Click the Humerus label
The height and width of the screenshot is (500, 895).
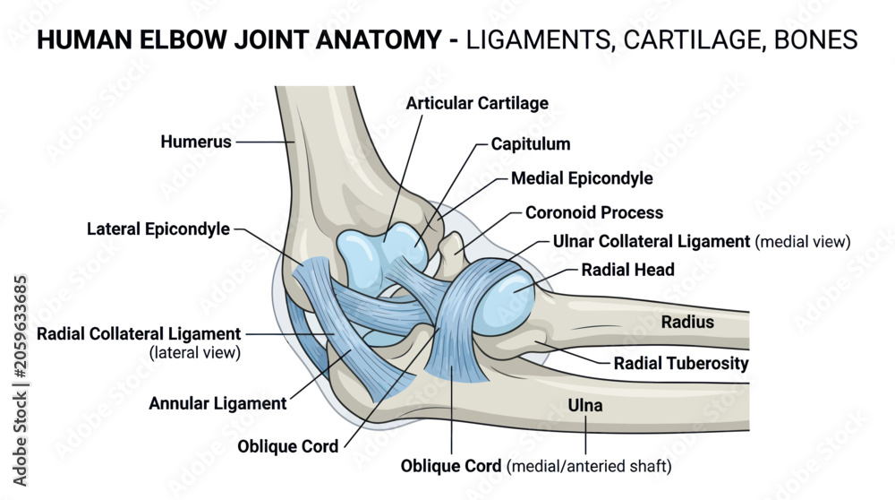pyautogui.click(x=196, y=142)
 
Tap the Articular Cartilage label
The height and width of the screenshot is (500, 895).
pyautogui.click(x=477, y=103)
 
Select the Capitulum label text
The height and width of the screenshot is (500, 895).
pyautogui.click(x=531, y=144)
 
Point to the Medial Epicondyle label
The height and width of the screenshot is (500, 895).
pyautogui.click(x=582, y=178)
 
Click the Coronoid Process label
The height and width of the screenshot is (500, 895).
pyautogui.click(x=594, y=212)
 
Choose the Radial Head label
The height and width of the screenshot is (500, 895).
pyautogui.click(x=628, y=270)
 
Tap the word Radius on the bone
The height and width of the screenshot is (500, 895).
pyautogui.click(x=687, y=323)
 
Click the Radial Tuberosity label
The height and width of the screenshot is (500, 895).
pyautogui.click(x=681, y=364)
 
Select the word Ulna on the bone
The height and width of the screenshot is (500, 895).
pyautogui.click(x=585, y=405)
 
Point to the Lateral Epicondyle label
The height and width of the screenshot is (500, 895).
pyautogui.click(x=158, y=229)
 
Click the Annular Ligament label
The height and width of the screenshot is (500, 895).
pyautogui.click(x=217, y=403)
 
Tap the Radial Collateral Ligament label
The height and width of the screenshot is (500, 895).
pyautogui.click(x=139, y=333)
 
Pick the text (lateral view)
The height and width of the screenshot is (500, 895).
pyautogui.click(x=195, y=352)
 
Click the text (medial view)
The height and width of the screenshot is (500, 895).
pyautogui.click(x=803, y=242)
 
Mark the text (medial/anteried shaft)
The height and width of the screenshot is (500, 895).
pyautogui.click(x=589, y=466)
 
